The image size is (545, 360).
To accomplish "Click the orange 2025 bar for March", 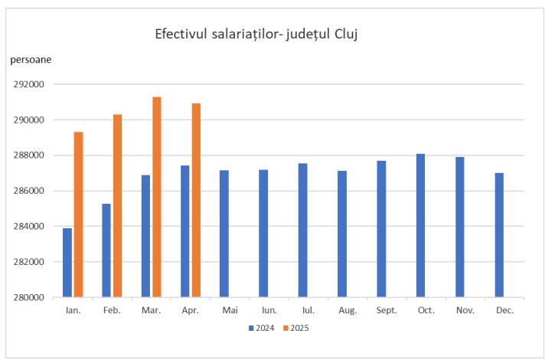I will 157,197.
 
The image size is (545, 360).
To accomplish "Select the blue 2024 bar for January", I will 68,263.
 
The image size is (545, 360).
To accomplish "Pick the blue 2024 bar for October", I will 420,225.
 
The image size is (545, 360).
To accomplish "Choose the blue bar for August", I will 341,234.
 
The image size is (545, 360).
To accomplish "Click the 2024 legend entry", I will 261,328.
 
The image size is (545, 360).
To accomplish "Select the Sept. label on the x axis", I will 386,311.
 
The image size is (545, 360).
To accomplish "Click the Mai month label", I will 229,311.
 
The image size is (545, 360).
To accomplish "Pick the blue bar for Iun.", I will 263,233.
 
